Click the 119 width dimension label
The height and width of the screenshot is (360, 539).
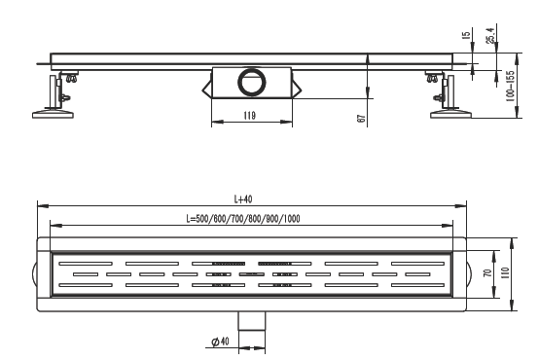click(x=250, y=116)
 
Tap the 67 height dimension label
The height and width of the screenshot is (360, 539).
click(x=361, y=119)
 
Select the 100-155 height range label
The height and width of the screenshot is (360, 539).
click(x=510, y=86)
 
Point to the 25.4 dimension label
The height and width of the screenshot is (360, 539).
click(x=490, y=35)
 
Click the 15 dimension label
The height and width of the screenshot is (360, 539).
click(x=466, y=35)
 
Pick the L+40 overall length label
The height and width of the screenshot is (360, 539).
click(x=243, y=199)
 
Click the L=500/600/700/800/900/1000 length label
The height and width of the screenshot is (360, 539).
click(x=243, y=219)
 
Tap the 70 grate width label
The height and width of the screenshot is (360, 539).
click(x=487, y=273)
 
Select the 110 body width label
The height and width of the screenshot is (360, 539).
click(x=505, y=273)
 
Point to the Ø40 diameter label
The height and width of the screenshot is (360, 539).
click(x=220, y=342)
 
